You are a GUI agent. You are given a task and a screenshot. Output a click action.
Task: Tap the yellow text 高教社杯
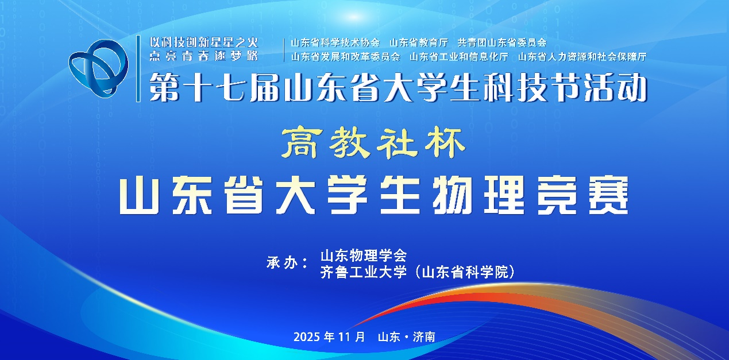(x=373, y=142)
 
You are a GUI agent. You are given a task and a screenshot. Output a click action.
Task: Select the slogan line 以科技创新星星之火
(x=204, y=42)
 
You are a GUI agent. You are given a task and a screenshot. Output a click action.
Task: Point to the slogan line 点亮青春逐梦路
(x=204, y=56)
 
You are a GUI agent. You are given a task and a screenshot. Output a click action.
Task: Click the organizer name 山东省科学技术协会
(x=335, y=42)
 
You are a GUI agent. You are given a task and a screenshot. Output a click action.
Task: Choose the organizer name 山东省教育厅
(x=419, y=42)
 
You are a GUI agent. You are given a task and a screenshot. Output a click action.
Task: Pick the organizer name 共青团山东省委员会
(x=502, y=42)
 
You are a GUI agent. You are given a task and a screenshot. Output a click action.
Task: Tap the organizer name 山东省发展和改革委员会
(x=346, y=57)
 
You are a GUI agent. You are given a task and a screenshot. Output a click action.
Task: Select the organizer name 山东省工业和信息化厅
(x=459, y=57)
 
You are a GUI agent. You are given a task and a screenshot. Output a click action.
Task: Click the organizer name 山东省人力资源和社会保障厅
(x=583, y=57)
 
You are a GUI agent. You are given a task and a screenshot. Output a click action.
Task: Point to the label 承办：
(x=287, y=263)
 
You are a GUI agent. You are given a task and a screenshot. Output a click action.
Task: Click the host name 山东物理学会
(x=364, y=256)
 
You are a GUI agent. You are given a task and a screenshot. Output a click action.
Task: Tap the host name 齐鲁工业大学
(x=364, y=272)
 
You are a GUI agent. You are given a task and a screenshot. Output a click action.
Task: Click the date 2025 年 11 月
(x=329, y=337)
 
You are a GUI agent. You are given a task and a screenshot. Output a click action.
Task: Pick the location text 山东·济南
(x=407, y=337)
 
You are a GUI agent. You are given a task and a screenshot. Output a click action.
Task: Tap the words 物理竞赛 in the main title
(x=530, y=195)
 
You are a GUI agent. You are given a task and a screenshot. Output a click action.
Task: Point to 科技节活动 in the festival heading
(x=565, y=87)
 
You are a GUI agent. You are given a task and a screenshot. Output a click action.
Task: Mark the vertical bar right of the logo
(x=138, y=69)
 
